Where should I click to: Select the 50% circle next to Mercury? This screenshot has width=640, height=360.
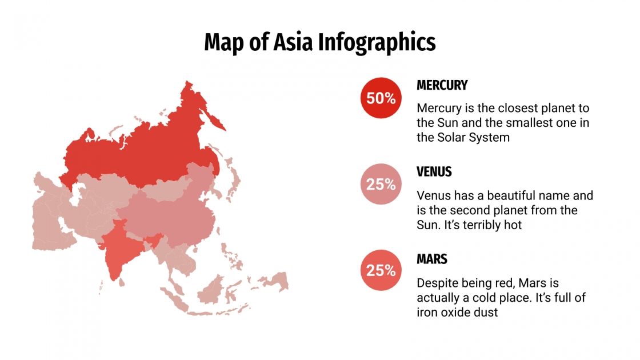[x=381, y=98]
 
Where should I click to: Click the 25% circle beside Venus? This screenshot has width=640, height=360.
[x=381, y=184]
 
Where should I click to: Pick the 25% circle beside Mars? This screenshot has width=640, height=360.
[x=381, y=270]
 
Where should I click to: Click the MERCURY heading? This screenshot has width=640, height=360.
[x=442, y=85]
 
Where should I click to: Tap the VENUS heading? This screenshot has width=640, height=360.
[x=434, y=171]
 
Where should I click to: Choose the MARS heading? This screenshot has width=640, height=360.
[x=432, y=259]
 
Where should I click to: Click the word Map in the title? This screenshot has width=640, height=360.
[x=222, y=43]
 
